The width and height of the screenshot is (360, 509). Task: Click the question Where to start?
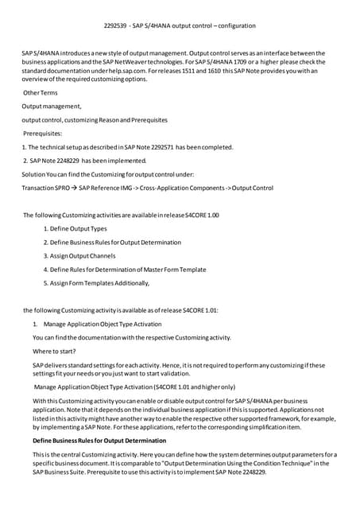click(56, 351)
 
